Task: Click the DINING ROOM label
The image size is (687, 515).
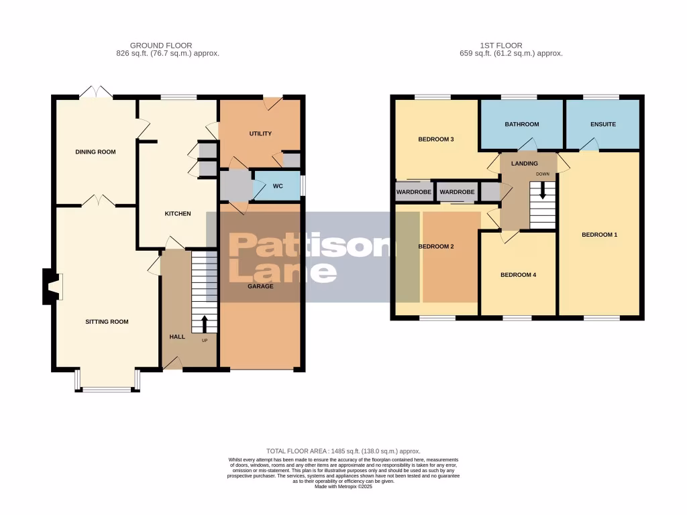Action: [95, 152]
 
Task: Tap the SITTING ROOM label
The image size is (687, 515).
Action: [107, 322]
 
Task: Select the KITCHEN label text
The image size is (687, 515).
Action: [178, 214]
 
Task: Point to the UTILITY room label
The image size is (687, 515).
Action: [260, 133]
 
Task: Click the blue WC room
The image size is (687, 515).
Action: [277, 186]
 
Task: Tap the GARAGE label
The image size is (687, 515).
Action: [260, 286]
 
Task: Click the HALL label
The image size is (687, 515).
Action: [176, 336]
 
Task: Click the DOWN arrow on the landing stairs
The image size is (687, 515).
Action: [543, 198]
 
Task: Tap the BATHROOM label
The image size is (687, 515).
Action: [522, 124]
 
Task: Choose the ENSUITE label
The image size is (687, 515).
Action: [602, 124]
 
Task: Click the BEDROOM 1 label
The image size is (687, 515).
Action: [599, 235]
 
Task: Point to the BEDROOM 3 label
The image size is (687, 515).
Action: [436, 139]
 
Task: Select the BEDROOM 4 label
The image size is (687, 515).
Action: [519, 275]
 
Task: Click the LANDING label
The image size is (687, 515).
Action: [524, 163]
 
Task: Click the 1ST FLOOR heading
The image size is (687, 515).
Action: [500, 46]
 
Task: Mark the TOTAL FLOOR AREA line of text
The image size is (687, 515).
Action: [343, 451]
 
